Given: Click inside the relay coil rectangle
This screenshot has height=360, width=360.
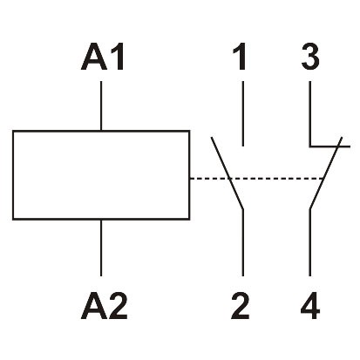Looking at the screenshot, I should pos(102,175).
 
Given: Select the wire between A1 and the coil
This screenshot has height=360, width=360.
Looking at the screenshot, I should pos(103,105).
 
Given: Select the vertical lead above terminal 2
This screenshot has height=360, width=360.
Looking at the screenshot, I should pos(241,244).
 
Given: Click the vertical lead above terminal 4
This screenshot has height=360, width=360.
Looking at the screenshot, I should pos(311,244).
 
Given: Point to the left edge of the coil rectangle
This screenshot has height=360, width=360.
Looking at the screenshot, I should pos(14,175).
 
